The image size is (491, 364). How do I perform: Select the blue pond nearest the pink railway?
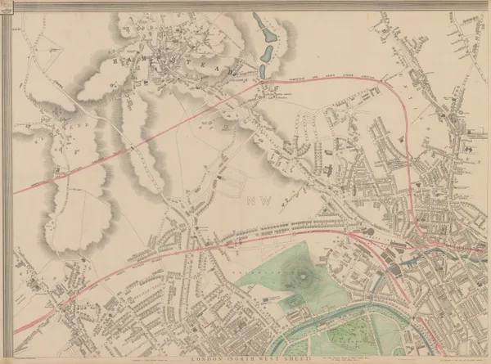point(265,56)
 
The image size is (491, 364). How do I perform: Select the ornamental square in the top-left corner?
point(6,6)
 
